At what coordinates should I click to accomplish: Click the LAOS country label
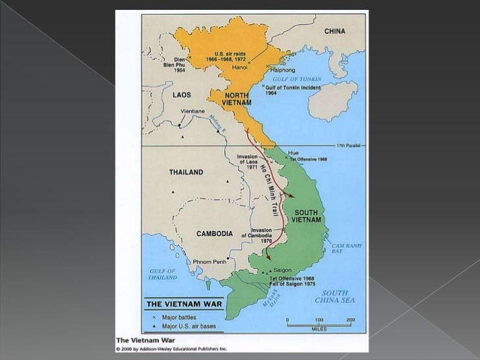coord(182,94)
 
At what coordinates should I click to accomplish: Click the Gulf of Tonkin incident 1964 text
coord(292,90)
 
